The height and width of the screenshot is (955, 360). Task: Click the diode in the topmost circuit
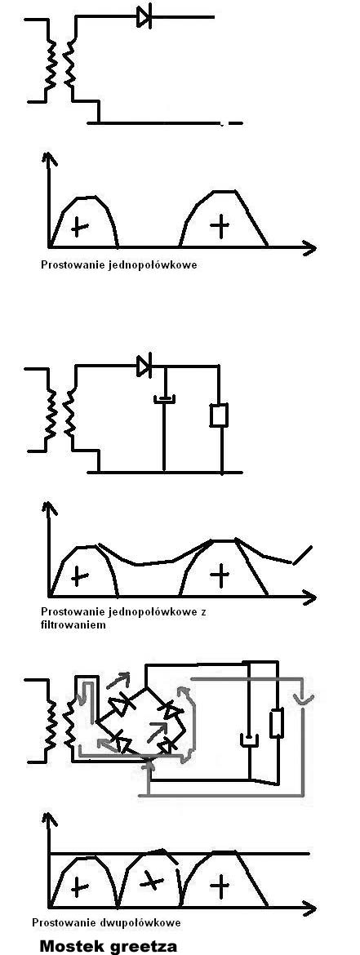(x=144, y=18)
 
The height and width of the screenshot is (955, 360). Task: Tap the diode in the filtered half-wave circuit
(x=144, y=366)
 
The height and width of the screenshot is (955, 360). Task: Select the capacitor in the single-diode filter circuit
(x=164, y=399)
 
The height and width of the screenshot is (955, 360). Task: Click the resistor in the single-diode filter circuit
(x=220, y=414)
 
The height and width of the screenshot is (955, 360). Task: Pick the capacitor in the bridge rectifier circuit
(x=250, y=740)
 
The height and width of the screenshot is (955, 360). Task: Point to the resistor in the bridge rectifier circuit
(x=277, y=723)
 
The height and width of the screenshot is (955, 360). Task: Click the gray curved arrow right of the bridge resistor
(x=304, y=701)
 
